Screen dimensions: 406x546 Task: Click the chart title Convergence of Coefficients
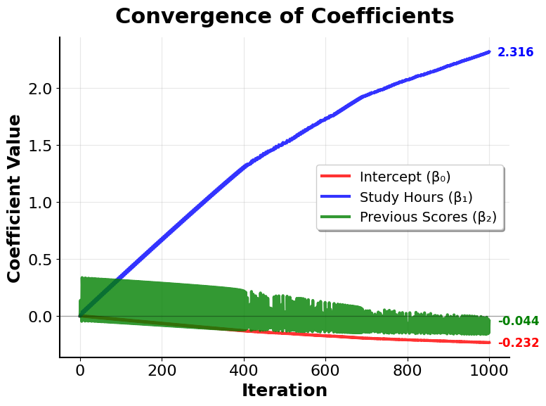tap(285, 16)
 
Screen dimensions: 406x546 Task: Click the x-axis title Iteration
tap(285, 391)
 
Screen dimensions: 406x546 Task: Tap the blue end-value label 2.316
tap(515, 53)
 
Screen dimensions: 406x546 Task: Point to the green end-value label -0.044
tap(518, 322)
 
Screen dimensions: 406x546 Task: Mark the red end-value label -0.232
tap(518, 343)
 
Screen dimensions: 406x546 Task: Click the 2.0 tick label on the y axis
tap(41, 89)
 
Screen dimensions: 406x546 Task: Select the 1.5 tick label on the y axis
tap(41, 146)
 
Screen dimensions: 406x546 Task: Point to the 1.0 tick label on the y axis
tap(41, 203)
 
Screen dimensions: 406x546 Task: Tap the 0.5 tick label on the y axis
tap(41, 260)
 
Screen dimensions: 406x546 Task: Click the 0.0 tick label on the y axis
tap(41, 317)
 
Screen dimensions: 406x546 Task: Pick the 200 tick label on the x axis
tap(162, 369)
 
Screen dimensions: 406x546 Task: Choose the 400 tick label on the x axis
tap(244, 369)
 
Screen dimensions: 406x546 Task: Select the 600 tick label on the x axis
tap(325, 369)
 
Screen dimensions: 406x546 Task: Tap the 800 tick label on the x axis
tap(408, 369)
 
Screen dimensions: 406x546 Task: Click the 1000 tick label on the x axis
tap(489, 369)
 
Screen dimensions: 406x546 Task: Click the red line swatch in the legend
tap(336, 177)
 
